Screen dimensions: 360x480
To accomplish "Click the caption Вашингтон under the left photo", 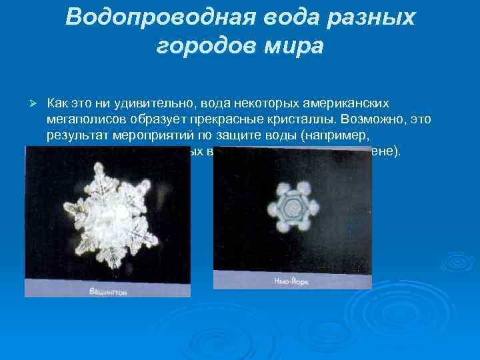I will click(111, 291).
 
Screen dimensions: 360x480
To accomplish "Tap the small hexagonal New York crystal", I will click(290, 208).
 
